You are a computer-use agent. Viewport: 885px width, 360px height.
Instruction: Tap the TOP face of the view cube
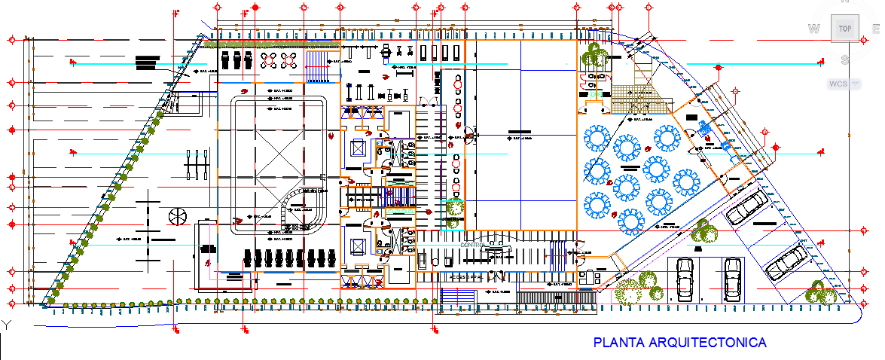844,29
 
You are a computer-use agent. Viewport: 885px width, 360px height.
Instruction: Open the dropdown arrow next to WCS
855,84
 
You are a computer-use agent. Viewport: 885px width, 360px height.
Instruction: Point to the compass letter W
813,29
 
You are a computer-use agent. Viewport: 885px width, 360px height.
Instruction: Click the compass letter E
877,29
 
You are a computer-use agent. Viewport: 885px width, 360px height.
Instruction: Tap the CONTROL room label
472,246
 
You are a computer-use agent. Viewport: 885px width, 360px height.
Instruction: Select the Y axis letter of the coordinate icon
5,325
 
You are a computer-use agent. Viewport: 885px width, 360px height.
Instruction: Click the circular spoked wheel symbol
178,216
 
